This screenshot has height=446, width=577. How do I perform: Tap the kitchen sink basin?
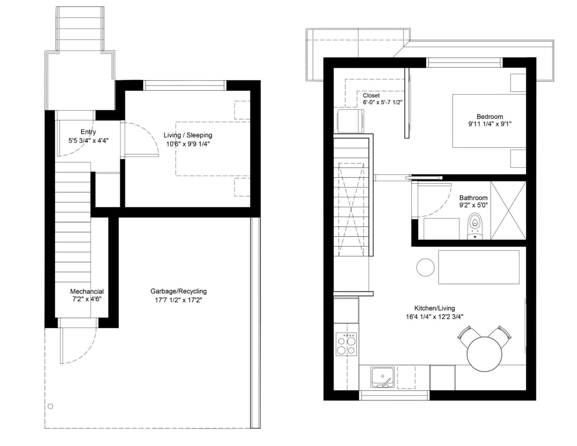(x=382, y=377)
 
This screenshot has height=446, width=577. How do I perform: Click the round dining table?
(x=484, y=353)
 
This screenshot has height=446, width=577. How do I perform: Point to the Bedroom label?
(x=489, y=117)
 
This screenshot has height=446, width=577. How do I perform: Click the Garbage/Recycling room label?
(x=179, y=291)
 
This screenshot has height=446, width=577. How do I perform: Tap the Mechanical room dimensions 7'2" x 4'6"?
(x=87, y=299)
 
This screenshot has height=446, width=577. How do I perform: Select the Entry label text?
(x=88, y=132)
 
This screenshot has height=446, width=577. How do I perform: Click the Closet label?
(x=371, y=95)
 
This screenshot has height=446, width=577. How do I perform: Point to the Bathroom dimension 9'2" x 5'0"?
(x=473, y=205)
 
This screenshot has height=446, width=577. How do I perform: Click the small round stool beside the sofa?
(x=426, y=267)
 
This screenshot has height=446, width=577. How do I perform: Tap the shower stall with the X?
(x=508, y=210)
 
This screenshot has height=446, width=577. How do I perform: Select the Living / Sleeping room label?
(x=188, y=135)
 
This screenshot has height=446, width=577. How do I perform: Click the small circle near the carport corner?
(x=50, y=406)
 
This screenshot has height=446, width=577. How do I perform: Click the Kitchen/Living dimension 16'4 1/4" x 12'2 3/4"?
(x=434, y=317)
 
